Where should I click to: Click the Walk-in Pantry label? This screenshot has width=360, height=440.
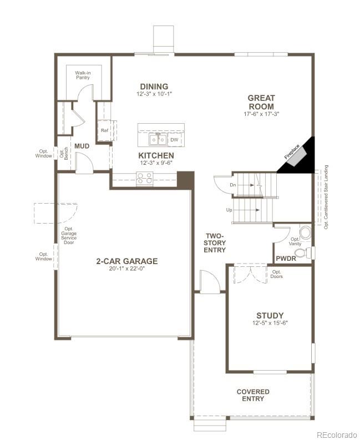pos(83,75)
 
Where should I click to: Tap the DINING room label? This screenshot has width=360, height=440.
pos(154,86)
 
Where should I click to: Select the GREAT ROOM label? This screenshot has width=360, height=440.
pos(261,102)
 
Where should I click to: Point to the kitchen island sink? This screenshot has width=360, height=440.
pos(157,138)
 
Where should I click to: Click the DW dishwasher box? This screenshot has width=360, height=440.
pos(174,139)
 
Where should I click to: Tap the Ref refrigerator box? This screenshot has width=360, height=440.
pos(104,130)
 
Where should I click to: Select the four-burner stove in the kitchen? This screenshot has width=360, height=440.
pos(144,178)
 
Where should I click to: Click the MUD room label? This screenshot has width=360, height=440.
pos(82,146)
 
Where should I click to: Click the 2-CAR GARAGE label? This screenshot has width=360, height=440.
pos(126,261)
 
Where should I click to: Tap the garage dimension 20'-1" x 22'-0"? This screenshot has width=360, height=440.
pos(126,269)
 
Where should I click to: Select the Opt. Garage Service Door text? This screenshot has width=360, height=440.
pos(69,236)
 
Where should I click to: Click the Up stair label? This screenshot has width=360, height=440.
pos(229,210)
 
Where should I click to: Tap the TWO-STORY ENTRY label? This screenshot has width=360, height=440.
pos(215,242)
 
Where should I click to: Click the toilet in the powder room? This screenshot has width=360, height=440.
pos(302,253)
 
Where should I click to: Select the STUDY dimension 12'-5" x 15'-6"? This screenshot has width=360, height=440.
pos(270,323)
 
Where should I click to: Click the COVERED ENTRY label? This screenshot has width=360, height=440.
pos(253,395)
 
